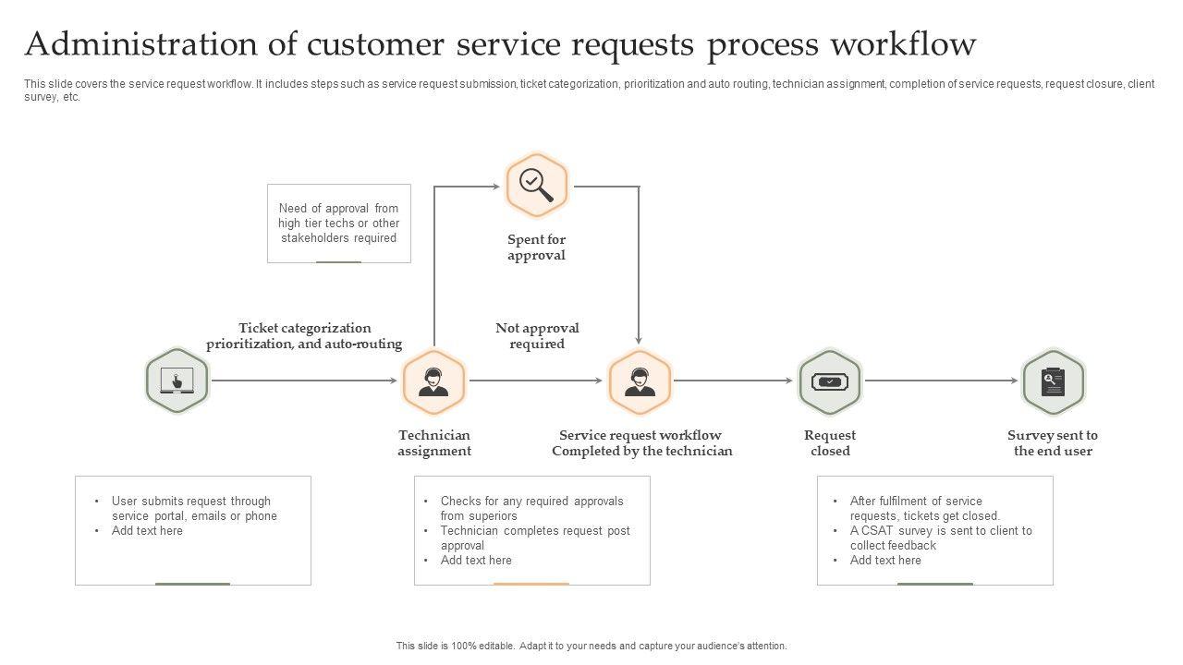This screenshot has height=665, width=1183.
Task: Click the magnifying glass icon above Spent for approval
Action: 536,186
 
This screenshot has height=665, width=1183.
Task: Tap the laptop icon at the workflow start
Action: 177,381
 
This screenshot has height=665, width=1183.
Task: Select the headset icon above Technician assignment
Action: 433,381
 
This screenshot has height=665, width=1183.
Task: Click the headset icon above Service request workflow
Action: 640,381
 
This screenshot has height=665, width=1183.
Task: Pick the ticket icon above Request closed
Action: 830,381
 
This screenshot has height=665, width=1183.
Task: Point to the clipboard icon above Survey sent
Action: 1053,381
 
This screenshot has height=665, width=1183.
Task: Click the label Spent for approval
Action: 536,248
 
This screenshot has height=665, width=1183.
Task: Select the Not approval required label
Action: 537,336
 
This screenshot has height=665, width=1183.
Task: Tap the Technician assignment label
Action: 434,443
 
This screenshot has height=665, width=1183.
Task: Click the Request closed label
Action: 830,443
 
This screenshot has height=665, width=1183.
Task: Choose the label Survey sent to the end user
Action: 1053,443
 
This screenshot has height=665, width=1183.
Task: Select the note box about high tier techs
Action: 338,224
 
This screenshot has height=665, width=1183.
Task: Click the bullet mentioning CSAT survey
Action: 940,538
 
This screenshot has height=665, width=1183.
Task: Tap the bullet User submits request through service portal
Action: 194,509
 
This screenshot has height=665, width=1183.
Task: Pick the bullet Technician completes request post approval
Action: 534,538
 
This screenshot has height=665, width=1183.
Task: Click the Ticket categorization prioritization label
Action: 304,336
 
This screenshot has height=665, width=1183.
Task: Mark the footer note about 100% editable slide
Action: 591,647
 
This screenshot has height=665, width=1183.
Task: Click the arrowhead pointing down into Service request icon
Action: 639,341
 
